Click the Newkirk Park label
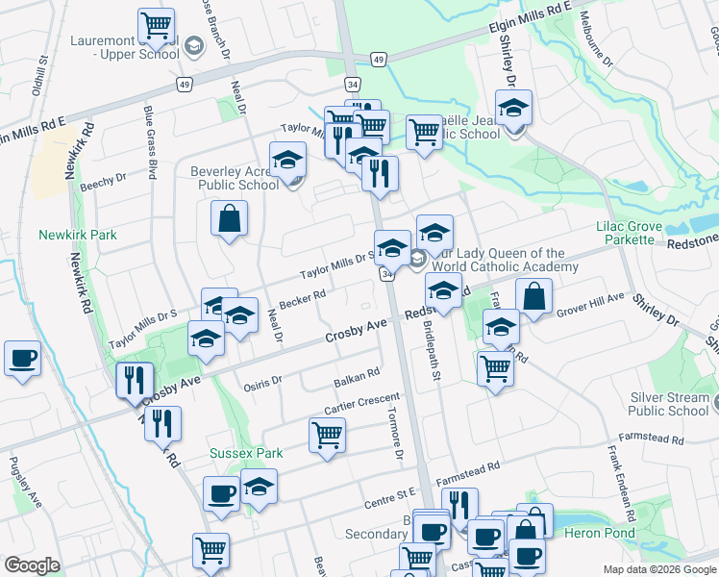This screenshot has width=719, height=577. click(78, 235)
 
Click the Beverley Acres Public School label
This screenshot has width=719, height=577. click(234, 179)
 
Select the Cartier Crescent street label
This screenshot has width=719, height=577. click(361, 405)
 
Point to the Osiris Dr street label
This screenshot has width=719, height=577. click(262, 381)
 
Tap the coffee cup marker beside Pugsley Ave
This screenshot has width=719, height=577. click(22, 359)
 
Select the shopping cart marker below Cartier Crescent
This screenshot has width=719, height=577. click(327, 435)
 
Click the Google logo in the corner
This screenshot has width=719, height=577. click(33, 565)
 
